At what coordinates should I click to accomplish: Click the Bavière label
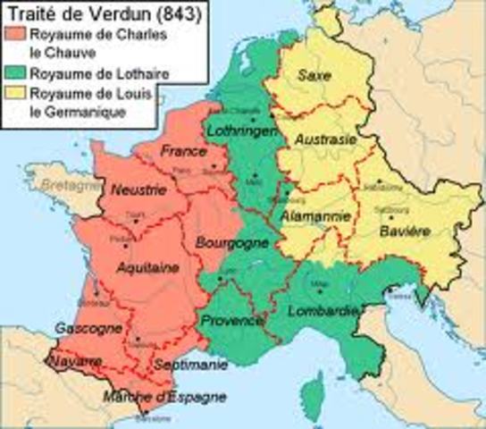click(x=406, y=230)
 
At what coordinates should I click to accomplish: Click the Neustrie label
click(x=132, y=190)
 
